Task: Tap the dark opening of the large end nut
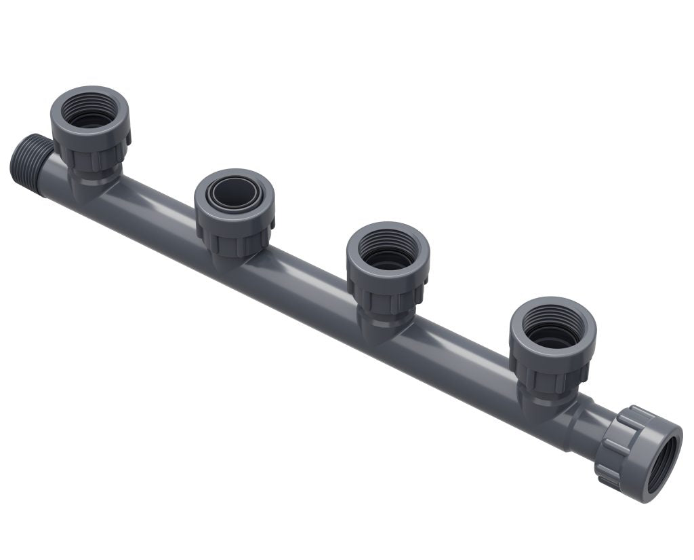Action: (661, 465)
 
